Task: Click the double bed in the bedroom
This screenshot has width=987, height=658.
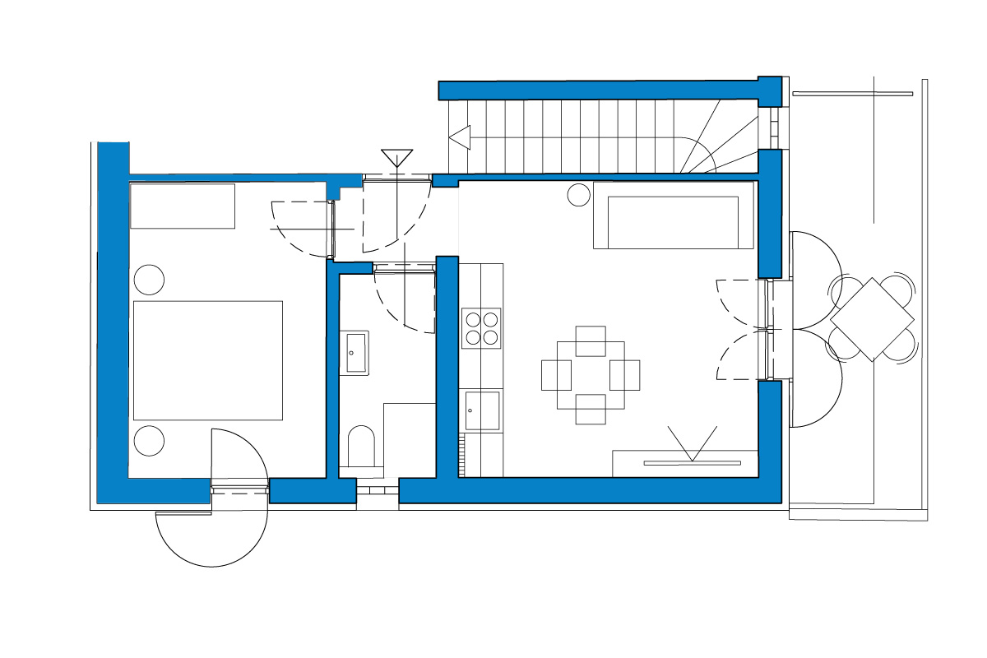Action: (x=208, y=360)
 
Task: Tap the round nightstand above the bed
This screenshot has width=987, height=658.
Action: (x=150, y=280)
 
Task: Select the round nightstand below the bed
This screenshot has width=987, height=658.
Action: (x=150, y=440)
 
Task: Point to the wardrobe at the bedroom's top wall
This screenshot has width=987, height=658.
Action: (x=183, y=206)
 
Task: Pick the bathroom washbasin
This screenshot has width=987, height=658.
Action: (x=357, y=352)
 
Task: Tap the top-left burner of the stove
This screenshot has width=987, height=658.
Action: (x=473, y=318)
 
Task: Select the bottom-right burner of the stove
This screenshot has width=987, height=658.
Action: (x=490, y=336)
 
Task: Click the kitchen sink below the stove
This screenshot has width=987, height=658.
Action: (x=482, y=410)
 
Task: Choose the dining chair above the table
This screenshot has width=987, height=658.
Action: (x=591, y=341)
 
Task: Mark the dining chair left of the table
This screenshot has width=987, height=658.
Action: (x=556, y=375)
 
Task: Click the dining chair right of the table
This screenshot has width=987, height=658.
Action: (x=625, y=375)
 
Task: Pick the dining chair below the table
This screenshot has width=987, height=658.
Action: (x=591, y=409)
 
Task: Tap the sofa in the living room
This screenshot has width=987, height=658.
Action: (x=673, y=215)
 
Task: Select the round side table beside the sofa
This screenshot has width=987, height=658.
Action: (x=579, y=195)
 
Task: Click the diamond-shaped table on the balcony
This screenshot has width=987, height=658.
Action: (x=872, y=319)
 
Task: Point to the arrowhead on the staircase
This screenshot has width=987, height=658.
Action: (x=458, y=137)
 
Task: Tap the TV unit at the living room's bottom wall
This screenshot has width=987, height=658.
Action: (x=684, y=464)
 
